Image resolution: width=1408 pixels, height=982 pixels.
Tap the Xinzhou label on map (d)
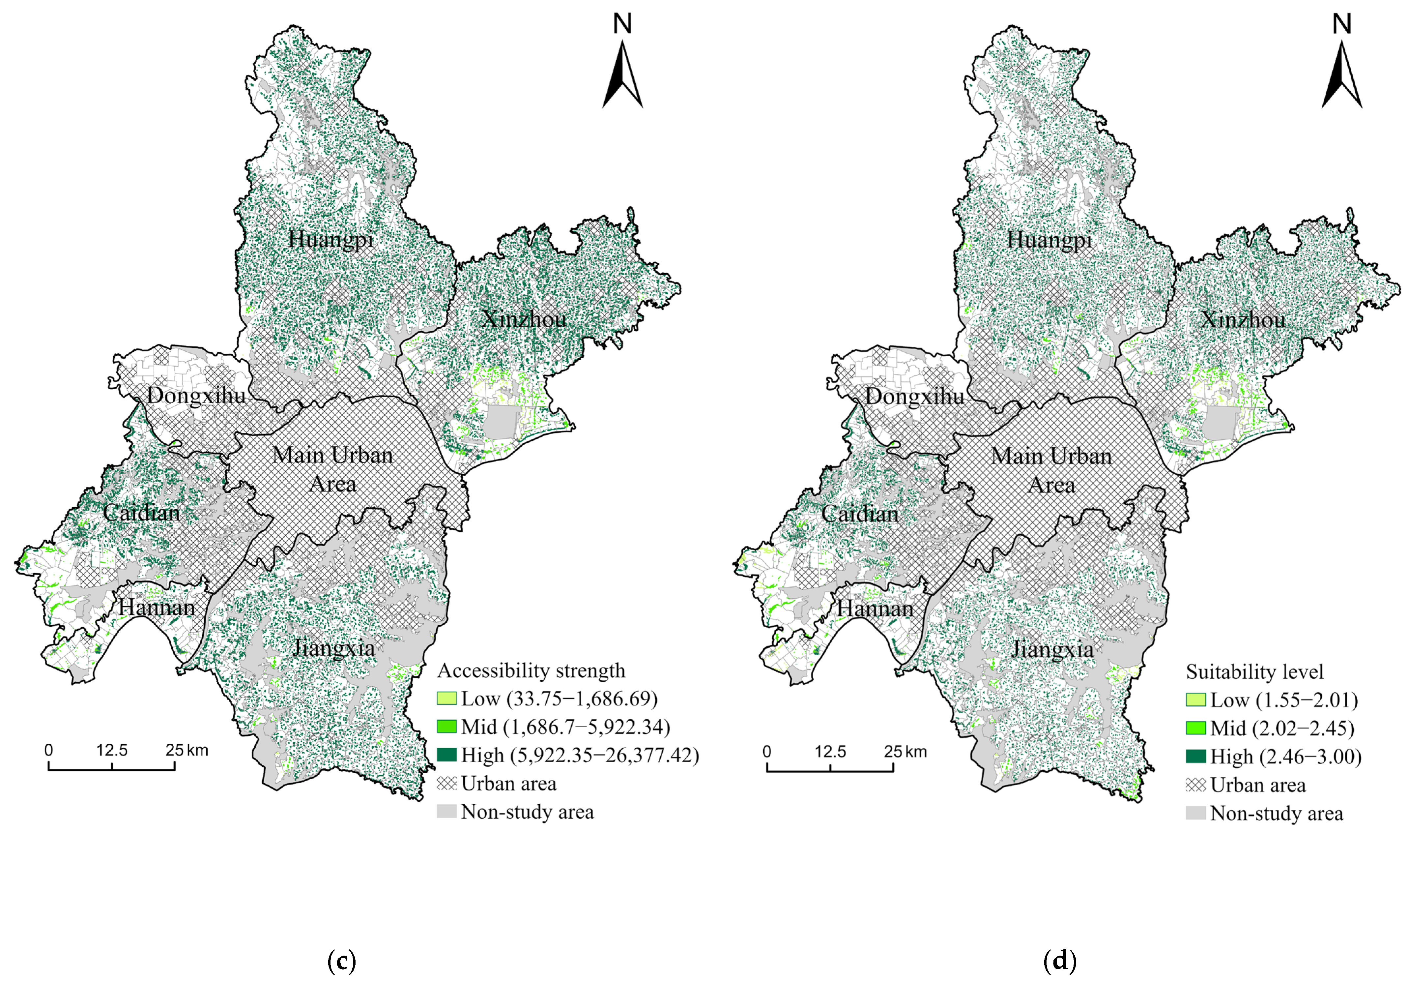coord(1243,319)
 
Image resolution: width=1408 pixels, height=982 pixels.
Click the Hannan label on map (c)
coord(157,607)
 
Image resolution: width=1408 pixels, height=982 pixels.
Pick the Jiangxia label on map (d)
coord(1052,649)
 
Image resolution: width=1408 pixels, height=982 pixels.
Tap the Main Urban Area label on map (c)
coord(333,469)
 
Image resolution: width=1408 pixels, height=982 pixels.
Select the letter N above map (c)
coord(622,24)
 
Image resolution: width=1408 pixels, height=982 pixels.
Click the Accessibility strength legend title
coord(531,670)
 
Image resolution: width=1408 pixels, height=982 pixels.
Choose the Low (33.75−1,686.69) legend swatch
coord(446,699)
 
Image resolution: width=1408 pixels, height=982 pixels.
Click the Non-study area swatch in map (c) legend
coord(446,812)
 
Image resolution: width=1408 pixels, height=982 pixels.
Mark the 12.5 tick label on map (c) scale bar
coord(112,750)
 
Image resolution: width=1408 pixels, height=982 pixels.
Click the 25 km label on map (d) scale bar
coord(905,751)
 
